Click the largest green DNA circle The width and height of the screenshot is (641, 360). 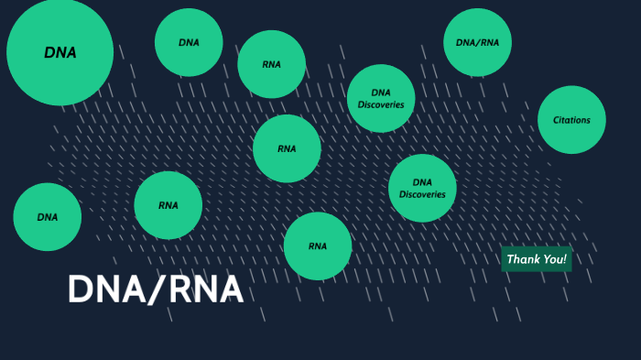60,52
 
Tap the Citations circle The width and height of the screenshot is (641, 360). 571,120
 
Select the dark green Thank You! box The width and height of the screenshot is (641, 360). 537,259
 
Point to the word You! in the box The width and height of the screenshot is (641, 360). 553,259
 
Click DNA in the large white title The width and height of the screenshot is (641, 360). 103,289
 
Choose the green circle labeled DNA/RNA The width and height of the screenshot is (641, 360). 477,42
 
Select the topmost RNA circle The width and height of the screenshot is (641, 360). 271,64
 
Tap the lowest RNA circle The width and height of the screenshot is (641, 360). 317,245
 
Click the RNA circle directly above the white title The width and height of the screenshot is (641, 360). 168,205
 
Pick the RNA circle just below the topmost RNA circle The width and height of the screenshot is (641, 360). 287,148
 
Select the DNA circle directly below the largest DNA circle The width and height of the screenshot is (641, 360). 47,217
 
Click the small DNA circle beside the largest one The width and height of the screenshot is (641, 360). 189,42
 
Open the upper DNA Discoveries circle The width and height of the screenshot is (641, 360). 381,99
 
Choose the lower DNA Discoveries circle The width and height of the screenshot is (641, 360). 422,188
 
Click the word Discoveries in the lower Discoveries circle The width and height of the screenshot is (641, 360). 422,194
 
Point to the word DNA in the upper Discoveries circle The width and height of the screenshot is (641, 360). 381,93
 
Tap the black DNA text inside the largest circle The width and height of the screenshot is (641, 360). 60,53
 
